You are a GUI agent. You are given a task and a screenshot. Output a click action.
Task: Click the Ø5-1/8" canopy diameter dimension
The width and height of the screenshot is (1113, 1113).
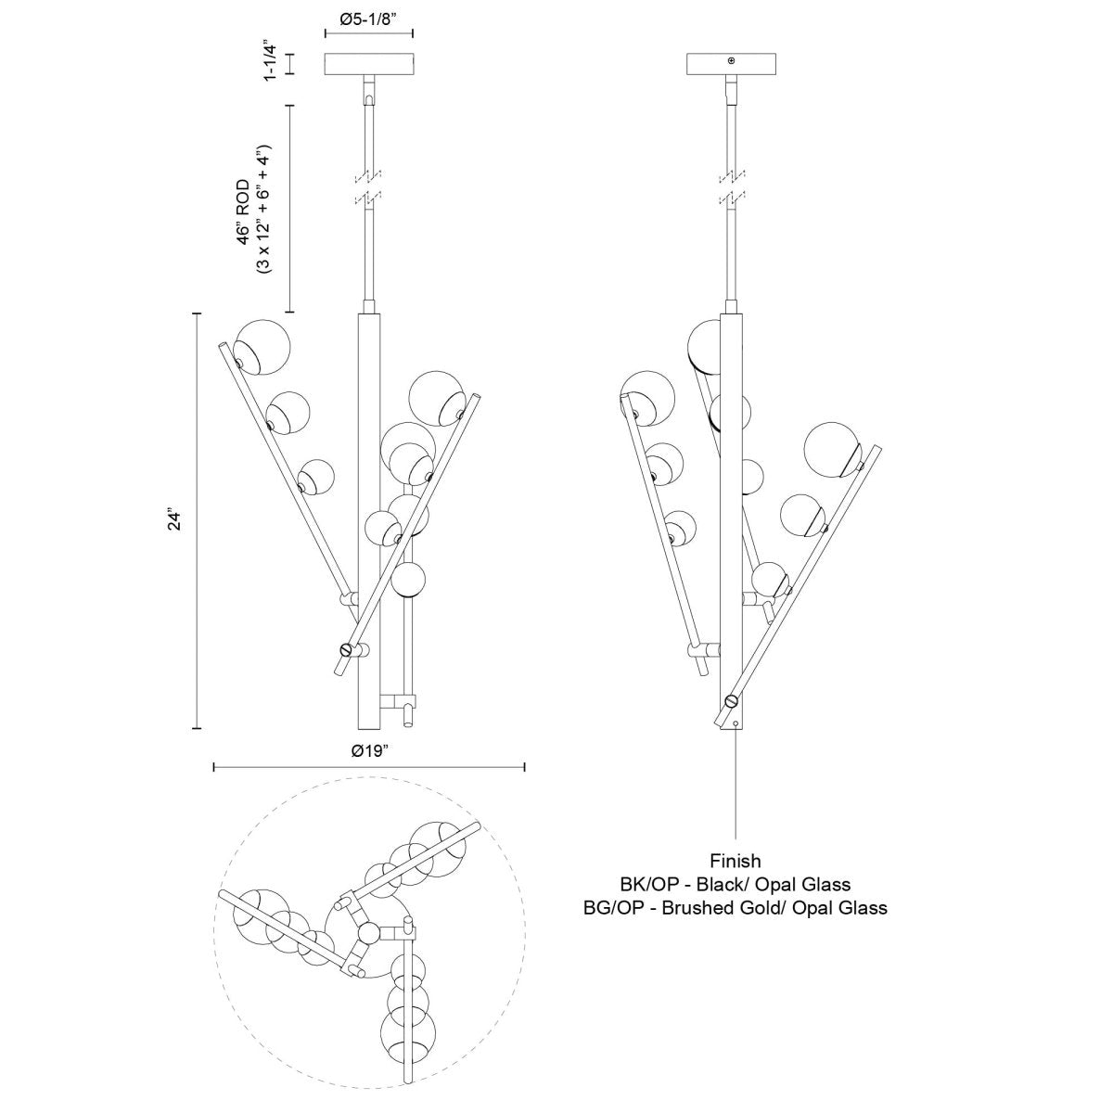pos(369,18)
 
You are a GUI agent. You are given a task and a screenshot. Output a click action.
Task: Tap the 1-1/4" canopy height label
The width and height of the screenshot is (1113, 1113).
pos(271,61)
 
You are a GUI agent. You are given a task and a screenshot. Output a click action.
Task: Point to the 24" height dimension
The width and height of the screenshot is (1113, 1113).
pos(171,519)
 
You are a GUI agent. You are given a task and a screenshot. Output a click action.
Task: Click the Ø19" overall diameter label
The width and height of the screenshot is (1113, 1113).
pos(369,752)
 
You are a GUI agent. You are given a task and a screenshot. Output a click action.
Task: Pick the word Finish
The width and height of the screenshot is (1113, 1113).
pos(736,862)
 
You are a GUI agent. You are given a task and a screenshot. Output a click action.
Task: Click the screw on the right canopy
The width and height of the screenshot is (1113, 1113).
pos(731,61)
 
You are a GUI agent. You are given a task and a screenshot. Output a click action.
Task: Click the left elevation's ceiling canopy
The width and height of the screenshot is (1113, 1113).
pos(369,65)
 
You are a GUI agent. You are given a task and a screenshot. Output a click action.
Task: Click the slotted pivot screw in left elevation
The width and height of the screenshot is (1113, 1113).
pos(347,649)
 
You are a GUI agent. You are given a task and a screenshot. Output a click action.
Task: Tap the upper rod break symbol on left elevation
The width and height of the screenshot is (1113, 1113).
pos(369,174)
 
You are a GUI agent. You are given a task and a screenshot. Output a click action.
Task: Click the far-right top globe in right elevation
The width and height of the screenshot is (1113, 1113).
pos(831,449)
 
